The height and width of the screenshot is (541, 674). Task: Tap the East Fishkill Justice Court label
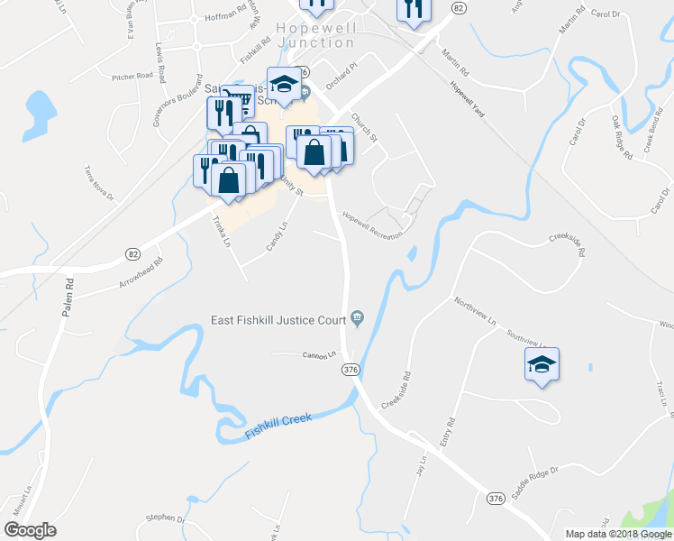pos(278,318)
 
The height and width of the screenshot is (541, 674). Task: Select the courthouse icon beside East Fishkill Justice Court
pos(358,316)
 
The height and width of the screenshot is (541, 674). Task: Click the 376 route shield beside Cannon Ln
pos(351,370)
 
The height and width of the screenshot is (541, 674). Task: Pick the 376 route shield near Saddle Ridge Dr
pos(494,499)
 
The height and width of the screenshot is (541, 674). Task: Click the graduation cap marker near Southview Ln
pos(542,364)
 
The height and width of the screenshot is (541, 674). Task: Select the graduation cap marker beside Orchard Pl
pos(285,84)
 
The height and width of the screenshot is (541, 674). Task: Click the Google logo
pos(30,530)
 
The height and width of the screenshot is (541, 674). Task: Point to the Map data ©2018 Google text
pos(619,534)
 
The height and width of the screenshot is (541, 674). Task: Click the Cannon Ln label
pos(318,354)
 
